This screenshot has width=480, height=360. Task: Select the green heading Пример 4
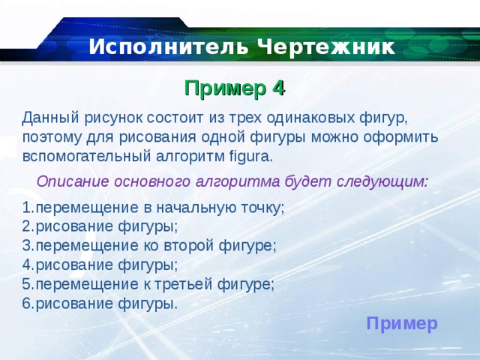click(235, 88)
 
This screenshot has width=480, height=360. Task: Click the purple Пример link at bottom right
click(402, 323)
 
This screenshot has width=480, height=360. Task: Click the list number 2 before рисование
click(26, 226)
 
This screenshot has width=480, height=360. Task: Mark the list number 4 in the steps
click(26, 265)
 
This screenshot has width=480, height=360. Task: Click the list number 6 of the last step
click(26, 304)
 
